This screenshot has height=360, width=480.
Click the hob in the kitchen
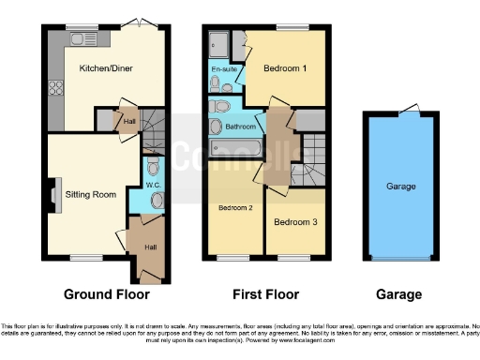pos(55,89)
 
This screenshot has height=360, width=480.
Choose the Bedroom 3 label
pos(293,222)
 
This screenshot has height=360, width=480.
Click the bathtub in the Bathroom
pos(234,148)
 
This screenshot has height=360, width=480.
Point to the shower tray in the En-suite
pos(219,42)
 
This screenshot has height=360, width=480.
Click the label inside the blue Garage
pos(401,187)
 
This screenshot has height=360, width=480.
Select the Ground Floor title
pos(104,293)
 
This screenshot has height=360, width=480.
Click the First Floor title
pos(266,293)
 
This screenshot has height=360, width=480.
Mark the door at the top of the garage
pos(406,112)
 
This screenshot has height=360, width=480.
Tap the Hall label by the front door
pos(150,247)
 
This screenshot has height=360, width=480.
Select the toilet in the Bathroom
pos(216,127)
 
